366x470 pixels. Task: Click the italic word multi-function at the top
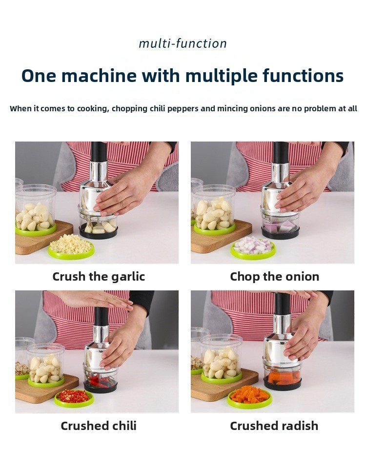click(x=183, y=44)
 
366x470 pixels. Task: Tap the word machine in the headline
click(x=99, y=76)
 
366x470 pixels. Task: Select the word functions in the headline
click(x=303, y=76)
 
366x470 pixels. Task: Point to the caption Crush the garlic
click(x=99, y=276)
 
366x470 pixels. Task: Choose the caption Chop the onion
click(x=274, y=276)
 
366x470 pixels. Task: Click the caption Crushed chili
click(x=99, y=426)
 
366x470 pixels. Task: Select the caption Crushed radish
click(x=274, y=426)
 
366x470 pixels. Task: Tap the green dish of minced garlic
click(x=71, y=249)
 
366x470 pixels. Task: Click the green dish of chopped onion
click(x=253, y=249)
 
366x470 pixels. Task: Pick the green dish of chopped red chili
click(x=74, y=399)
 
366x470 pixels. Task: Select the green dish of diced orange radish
click(x=249, y=398)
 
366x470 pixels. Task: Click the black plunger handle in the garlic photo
click(x=99, y=152)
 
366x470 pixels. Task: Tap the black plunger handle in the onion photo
click(x=281, y=152)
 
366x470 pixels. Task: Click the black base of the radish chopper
click(x=282, y=384)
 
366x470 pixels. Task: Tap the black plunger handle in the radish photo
click(x=283, y=304)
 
